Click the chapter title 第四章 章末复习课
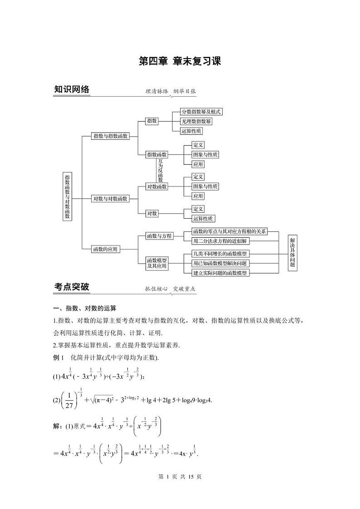[180, 61]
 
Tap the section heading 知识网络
[72, 89]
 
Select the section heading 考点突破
[72, 287]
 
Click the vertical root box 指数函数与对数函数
[67, 196]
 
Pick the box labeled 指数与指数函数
[110, 136]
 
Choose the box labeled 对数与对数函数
[110, 199]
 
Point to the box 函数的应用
[104, 249]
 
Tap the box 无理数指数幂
[196, 121]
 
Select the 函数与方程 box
[159, 236]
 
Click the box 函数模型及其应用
[157, 264]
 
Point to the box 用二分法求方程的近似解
[219, 241]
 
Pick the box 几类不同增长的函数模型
[220, 254]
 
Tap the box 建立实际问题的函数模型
[220, 273]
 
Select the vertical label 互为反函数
[160, 171]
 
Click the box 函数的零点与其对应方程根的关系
[229, 231]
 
